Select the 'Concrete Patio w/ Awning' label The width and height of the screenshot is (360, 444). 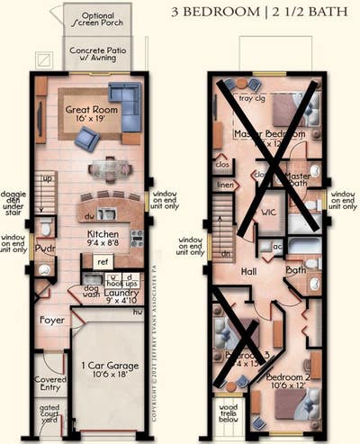point(97,57)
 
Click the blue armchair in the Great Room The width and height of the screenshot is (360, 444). point(87,138)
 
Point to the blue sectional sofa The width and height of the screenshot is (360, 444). point(125,103)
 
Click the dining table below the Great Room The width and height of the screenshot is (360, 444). point(109,168)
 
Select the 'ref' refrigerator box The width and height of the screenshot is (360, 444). point(102,262)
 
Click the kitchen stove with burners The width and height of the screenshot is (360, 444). point(137,239)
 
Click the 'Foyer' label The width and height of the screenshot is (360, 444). point(51,320)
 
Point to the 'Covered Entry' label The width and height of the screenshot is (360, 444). point(49,385)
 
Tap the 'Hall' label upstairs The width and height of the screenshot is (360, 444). point(249,270)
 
